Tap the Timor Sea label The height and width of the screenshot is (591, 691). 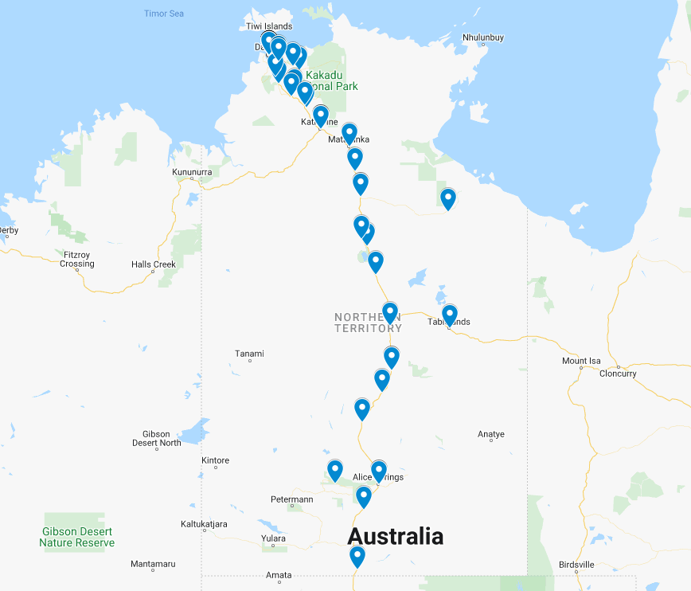pos(164,14)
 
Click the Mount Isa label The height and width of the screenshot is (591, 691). pos(581,361)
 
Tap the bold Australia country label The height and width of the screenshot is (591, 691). pos(395,536)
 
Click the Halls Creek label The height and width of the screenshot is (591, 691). pos(154,264)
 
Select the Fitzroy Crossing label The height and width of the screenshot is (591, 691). pos(76,259)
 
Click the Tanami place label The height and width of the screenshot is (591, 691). pos(249,354)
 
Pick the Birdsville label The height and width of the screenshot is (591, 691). pos(576,565)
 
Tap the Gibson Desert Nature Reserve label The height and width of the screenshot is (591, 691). pos(76,537)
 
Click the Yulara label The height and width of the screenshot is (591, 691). pos(273,538)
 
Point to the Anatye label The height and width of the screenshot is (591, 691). pos(491,434)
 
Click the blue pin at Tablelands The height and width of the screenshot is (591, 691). pos(449,315)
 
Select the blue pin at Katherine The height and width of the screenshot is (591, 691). pos(321,116)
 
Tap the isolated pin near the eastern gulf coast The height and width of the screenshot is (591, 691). pos(448,198)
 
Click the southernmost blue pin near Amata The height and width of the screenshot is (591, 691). pos(357,556)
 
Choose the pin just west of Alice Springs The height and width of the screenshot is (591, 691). pos(335,471)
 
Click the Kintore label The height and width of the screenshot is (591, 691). pos(215,460)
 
